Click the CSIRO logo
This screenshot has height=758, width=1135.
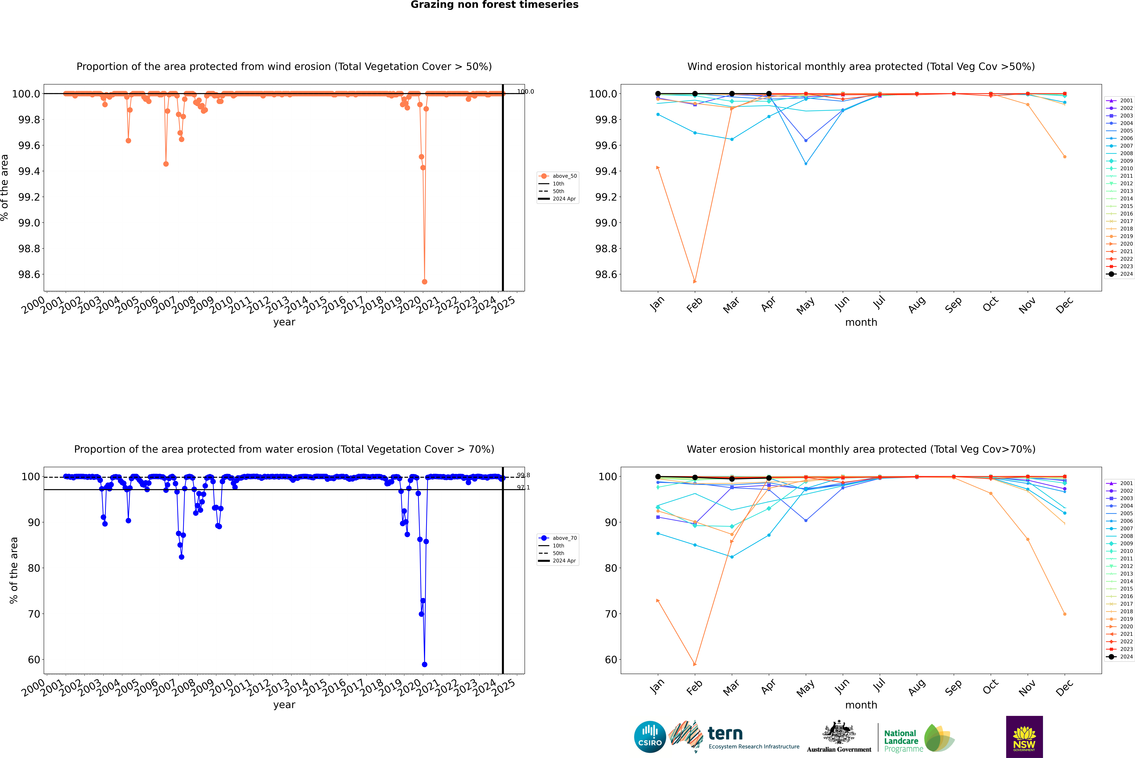(x=650, y=737)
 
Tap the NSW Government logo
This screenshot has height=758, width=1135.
(x=1024, y=737)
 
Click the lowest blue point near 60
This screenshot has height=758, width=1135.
(x=424, y=664)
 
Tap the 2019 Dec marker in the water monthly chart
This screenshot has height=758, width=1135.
(x=1064, y=614)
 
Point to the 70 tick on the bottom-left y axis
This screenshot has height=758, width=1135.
(x=34, y=614)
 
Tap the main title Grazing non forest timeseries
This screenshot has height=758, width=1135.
(x=494, y=5)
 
